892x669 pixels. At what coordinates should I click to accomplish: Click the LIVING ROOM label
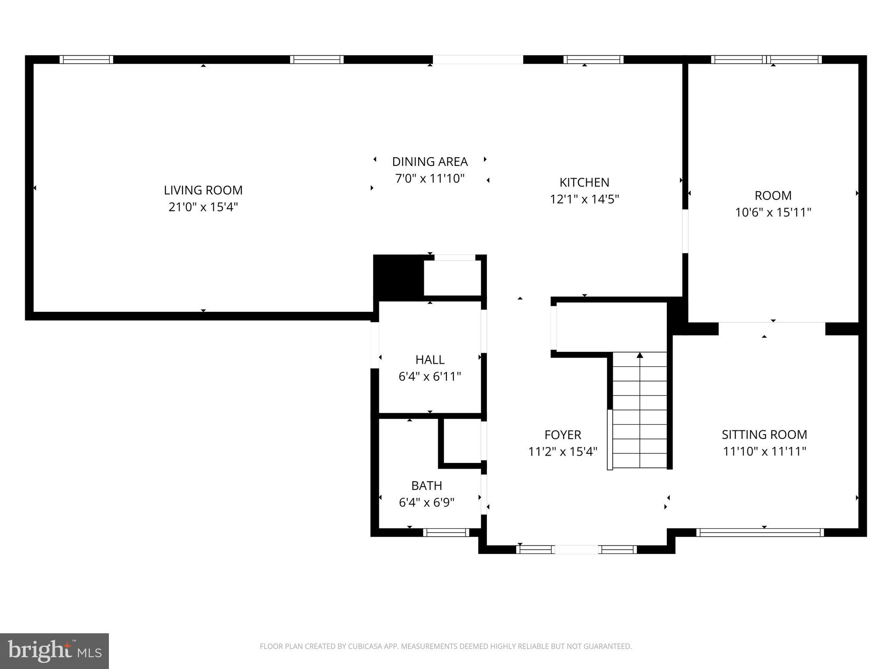(x=203, y=190)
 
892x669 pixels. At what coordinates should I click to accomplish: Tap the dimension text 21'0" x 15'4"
(x=203, y=207)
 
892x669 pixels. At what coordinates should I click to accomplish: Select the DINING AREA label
(x=430, y=162)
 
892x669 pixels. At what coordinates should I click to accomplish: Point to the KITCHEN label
(x=584, y=182)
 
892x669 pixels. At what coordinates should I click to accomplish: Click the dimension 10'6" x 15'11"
(x=773, y=213)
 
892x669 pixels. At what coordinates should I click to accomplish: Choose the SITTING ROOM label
(x=764, y=434)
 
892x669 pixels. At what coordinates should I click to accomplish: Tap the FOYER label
(x=563, y=435)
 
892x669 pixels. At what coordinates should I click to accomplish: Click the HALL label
(x=430, y=359)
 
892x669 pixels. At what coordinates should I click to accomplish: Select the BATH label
(x=426, y=485)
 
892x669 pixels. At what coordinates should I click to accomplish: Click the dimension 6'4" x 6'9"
(x=426, y=503)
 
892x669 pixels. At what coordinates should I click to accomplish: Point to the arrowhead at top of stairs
(x=640, y=355)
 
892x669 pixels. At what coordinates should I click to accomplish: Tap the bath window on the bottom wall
(x=446, y=532)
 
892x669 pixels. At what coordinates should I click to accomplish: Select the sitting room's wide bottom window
(x=760, y=532)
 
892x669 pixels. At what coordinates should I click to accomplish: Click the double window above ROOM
(x=767, y=59)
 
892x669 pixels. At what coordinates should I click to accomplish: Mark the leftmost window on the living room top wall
(x=86, y=59)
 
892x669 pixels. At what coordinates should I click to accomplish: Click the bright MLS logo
(x=54, y=651)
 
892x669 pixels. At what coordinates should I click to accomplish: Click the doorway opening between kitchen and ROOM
(x=685, y=231)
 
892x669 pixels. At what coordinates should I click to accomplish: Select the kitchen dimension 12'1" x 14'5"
(x=584, y=199)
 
